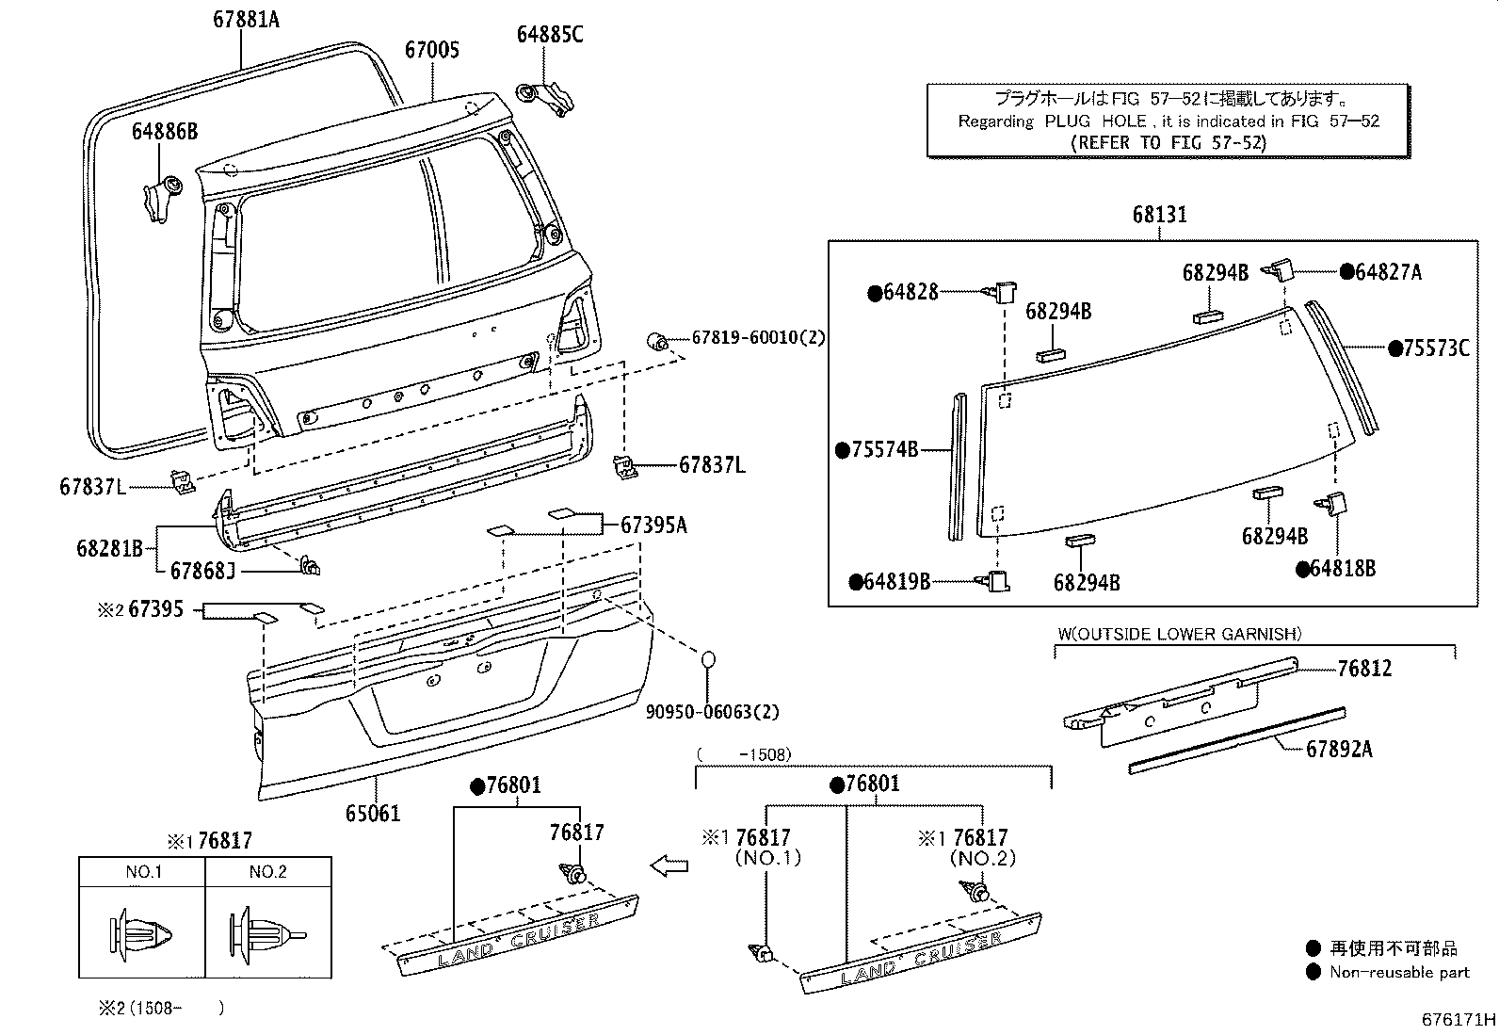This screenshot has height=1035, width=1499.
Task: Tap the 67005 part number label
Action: (x=432, y=49)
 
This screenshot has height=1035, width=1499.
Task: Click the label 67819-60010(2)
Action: (x=758, y=337)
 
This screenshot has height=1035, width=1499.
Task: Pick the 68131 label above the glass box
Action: (x=1159, y=215)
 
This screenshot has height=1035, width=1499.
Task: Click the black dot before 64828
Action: (x=875, y=293)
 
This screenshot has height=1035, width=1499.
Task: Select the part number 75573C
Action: (x=1436, y=348)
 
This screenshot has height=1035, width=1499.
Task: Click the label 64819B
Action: (x=897, y=582)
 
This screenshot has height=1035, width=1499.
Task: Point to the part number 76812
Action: (x=1364, y=669)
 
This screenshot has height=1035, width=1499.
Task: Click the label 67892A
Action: (x=1339, y=750)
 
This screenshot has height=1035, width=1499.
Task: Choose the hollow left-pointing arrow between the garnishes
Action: (x=669, y=865)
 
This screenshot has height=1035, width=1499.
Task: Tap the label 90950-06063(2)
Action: (x=712, y=712)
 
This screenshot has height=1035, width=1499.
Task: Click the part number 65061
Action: (x=372, y=812)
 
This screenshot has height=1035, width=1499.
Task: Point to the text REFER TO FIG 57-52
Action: (x=1169, y=142)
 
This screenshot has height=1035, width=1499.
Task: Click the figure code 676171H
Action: (x=1459, y=1020)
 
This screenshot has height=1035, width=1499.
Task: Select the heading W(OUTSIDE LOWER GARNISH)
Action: (x=1179, y=634)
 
